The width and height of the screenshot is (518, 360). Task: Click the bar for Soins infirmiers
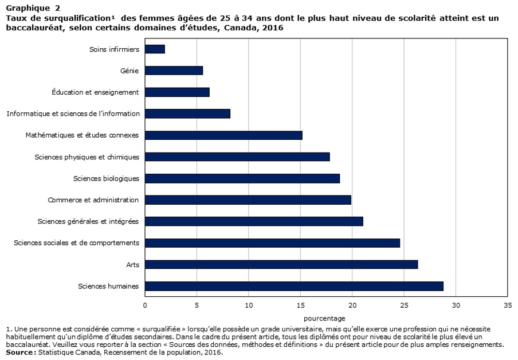point(155,49)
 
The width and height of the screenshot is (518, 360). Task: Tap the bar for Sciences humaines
point(294,286)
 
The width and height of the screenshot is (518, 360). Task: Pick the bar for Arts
point(281,264)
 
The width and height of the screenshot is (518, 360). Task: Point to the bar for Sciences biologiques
point(242,178)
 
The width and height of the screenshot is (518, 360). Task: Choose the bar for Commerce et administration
point(248,200)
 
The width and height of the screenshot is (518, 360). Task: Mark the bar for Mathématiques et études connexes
point(223,135)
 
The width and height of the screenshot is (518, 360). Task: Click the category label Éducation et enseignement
point(95,92)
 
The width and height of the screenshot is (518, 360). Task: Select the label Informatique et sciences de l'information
point(73,114)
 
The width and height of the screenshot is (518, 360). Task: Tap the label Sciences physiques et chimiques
point(87,156)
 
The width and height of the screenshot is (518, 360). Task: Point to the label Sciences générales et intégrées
point(88,221)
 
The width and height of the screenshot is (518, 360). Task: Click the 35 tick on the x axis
point(507,306)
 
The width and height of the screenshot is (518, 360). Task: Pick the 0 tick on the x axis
point(145,306)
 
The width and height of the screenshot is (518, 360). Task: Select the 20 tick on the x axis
point(352,306)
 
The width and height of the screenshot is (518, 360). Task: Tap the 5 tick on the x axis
point(197,306)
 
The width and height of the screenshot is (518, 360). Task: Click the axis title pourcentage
point(324,318)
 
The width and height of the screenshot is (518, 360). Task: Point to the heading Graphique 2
point(33,8)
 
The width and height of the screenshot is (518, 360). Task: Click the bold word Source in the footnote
point(20,353)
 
